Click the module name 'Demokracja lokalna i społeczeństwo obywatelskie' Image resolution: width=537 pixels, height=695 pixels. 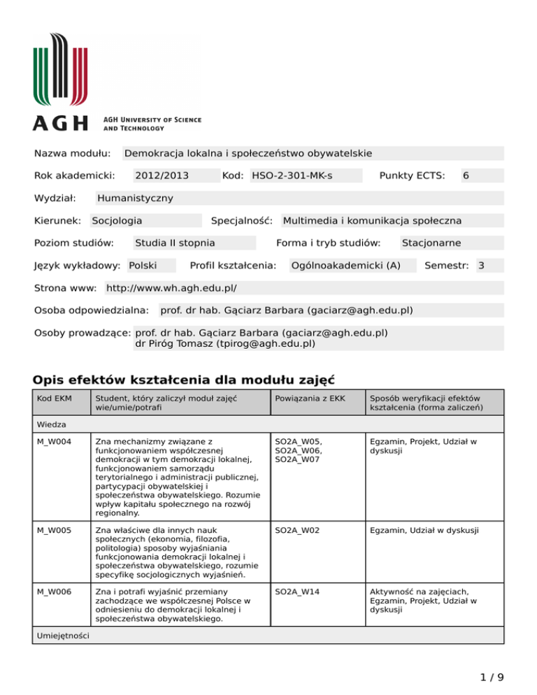tap(248, 153)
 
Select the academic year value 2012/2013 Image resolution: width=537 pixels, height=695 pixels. tap(162, 175)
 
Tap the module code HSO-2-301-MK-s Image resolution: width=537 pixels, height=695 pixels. tap(292, 175)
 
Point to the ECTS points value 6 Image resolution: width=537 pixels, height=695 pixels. tap(466, 175)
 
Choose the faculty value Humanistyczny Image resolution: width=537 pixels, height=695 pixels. tap(135, 198)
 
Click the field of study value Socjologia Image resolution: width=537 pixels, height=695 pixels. tap(117, 220)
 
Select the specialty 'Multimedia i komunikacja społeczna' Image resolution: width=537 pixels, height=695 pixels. tap(371, 220)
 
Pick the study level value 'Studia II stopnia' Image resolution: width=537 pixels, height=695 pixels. tap(175, 243)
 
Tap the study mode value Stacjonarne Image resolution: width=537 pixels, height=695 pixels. tap(431, 243)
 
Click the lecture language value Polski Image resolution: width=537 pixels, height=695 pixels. tap(143, 265)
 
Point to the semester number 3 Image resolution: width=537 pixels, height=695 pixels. tap(480, 265)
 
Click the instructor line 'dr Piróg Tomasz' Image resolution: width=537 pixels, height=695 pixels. tap(224, 343)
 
